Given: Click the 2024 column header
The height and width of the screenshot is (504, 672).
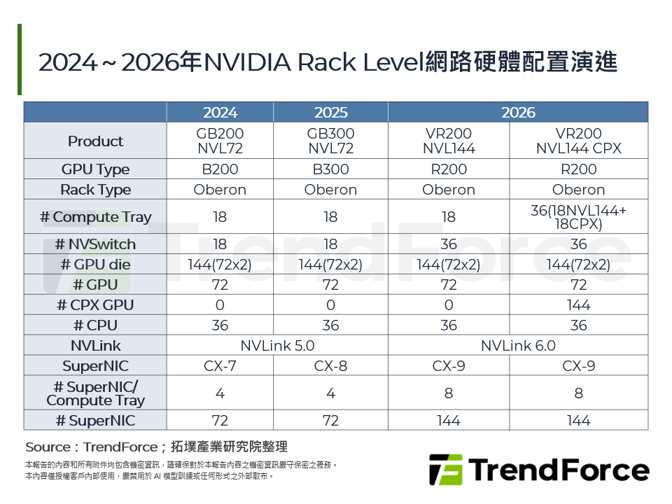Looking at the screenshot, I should [220, 113].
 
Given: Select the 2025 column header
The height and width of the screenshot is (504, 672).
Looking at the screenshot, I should [330, 113].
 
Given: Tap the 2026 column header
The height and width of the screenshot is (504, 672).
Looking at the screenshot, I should [518, 113].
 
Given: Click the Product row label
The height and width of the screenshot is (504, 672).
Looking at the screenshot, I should [95, 141].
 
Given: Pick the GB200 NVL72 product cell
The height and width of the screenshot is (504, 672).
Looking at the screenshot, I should [220, 141].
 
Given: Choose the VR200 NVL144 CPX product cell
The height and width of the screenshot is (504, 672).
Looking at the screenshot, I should [578, 141].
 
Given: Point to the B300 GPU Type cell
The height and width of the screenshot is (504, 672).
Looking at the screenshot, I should [330, 169].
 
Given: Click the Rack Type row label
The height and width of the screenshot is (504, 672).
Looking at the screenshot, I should [95, 190].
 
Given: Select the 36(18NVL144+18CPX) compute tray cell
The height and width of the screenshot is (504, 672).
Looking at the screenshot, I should [578, 217].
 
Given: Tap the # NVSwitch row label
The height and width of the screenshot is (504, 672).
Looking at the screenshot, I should [95, 244].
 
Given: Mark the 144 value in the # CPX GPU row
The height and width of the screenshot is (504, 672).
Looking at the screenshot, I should [578, 305].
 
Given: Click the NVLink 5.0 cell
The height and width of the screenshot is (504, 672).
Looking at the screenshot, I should [277, 346].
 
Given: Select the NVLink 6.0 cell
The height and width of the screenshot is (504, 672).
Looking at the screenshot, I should [518, 346].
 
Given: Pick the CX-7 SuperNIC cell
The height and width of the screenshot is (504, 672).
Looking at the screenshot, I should [220, 366].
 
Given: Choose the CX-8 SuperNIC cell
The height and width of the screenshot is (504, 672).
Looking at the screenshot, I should [330, 366].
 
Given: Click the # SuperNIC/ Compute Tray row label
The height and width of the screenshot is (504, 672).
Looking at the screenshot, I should [95, 393].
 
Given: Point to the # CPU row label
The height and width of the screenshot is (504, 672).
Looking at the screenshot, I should [95, 325].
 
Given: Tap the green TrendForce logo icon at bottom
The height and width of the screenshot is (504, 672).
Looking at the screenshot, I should [446, 470].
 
